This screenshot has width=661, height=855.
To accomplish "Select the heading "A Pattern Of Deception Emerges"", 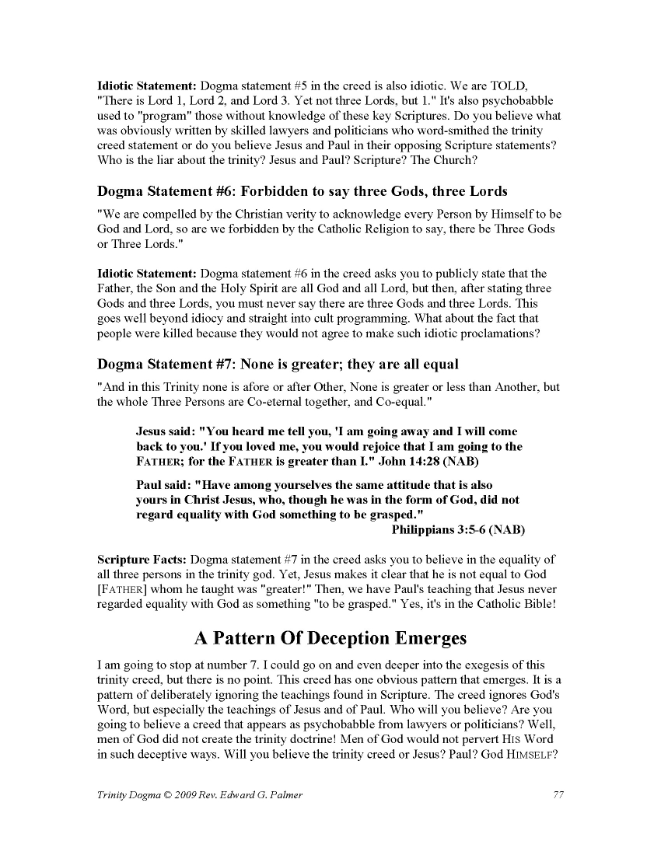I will point(330,638).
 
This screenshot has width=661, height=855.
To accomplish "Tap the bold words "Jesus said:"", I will point(166,431).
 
